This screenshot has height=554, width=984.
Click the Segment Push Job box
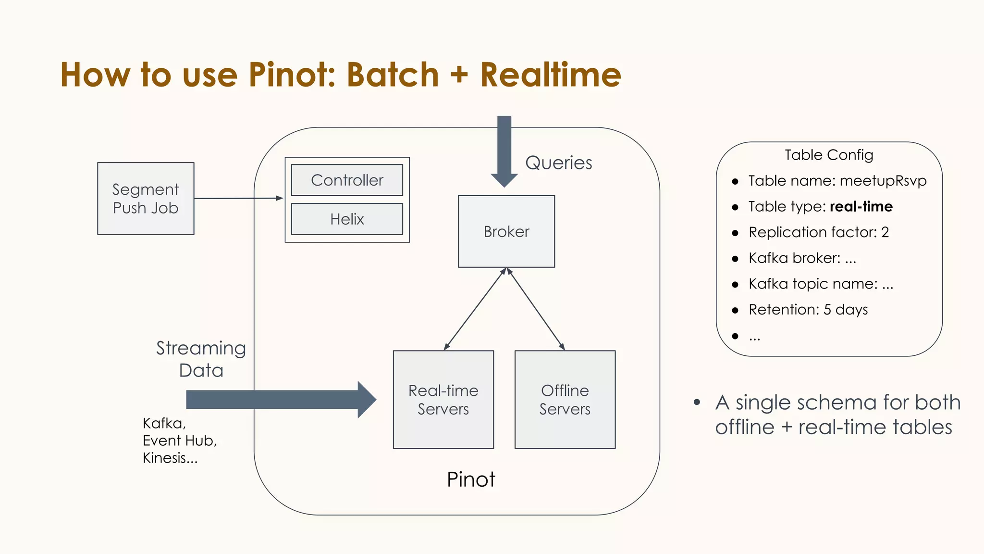146,199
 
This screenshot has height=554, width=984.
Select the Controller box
347,180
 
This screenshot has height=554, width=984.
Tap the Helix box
347,219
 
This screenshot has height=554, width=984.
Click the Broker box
506,231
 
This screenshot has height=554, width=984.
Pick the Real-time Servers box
443,400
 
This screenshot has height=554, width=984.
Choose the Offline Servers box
565,400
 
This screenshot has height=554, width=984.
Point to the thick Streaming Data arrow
279,400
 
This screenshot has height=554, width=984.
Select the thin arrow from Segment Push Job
238,198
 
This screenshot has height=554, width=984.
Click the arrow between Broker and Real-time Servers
475,309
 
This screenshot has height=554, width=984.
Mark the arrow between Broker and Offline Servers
536,309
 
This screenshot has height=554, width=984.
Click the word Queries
558,163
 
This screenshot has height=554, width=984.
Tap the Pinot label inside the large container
470,479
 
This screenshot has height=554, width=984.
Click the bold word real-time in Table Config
861,207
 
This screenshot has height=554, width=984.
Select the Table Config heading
829,155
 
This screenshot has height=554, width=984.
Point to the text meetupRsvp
883,181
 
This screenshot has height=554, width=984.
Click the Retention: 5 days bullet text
808,310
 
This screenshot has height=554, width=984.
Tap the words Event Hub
180,441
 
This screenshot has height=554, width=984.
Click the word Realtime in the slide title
551,75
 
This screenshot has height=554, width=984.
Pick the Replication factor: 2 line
818,232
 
